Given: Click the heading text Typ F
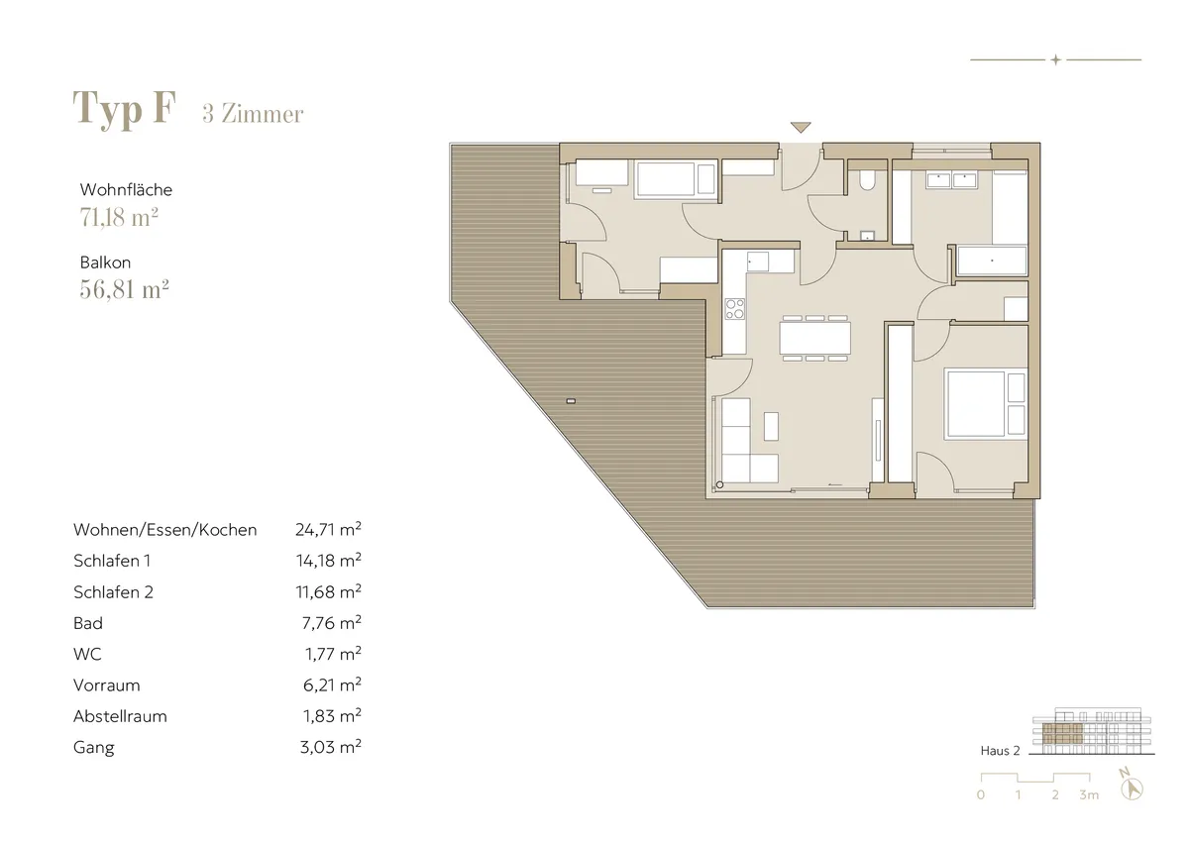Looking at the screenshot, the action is click(124, 109).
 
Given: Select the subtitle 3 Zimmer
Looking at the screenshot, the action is click(253, 114).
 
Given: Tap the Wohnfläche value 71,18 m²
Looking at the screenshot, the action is click(119, 217).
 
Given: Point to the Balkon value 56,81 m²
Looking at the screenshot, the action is click(124, 289).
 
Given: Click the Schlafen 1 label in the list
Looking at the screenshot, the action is click(112, 561).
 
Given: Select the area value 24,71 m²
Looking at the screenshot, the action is click(329, 529).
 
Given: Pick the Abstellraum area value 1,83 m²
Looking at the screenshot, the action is click(332, 716).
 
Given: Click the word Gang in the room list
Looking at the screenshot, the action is click(94, 748).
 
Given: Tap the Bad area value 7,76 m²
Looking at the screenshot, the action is click(332, 622).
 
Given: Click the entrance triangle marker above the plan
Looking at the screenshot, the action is click(801, 128).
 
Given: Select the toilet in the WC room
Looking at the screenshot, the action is click(867, 179).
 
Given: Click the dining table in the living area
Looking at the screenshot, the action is click(814, 338).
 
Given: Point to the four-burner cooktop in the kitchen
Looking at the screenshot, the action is click(735, 309).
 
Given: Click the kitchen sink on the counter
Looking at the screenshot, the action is click(757, 263).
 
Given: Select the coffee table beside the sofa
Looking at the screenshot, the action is click(771, 426).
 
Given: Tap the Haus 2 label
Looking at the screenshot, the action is click(1000, 751).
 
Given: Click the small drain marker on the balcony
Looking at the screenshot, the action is click(571, 401).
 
